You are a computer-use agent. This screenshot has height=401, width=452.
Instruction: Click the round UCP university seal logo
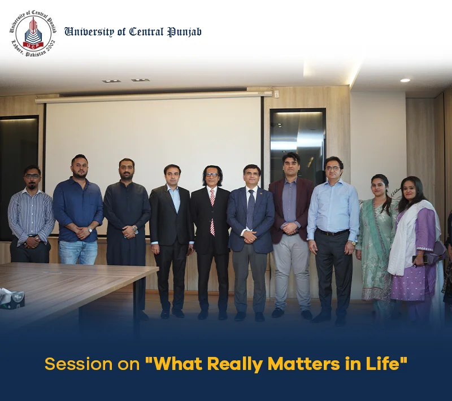click(33, 33)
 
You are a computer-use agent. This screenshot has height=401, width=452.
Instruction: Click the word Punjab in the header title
click(185, 32)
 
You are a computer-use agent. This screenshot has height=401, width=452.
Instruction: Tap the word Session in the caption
click(79, 364)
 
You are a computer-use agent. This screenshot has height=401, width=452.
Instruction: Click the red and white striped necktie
click(212, 212)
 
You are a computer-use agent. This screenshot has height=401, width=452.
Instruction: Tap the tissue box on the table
click(12, 298)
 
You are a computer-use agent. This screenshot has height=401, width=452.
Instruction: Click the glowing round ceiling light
click(405, 80)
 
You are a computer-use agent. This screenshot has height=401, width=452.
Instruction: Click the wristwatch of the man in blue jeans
click(90, 230)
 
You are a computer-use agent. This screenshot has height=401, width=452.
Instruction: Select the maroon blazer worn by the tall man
click(291, 210)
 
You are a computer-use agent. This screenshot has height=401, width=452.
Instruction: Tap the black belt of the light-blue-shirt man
click(333, 232)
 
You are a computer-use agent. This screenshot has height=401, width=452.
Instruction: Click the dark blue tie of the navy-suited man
click(251, 208)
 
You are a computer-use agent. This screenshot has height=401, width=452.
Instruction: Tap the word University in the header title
click(89, 32)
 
